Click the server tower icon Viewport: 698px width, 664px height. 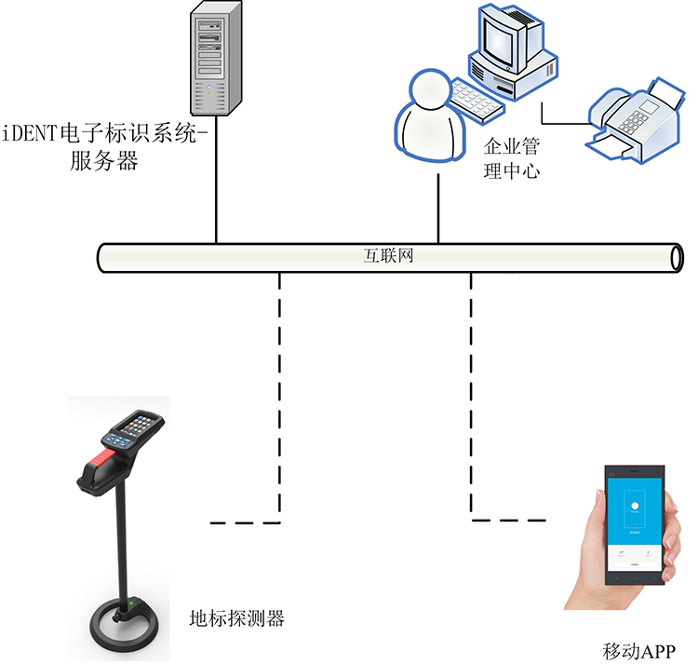pyautogui.click(x=213, y=58)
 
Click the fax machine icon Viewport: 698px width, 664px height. pyautogui.click(x=632, y=116)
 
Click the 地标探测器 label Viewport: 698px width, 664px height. pyautogui.click(x=236, y=617)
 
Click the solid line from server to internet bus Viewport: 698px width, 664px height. pyautogui.click(x=217, y=177)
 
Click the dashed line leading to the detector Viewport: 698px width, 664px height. pyautogui.click(x=280, y=391)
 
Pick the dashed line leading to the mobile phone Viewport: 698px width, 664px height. pyautogui.click(x=471, y=391)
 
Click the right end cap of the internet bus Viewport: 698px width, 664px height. pyautogui.click(x=677, y=258)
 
